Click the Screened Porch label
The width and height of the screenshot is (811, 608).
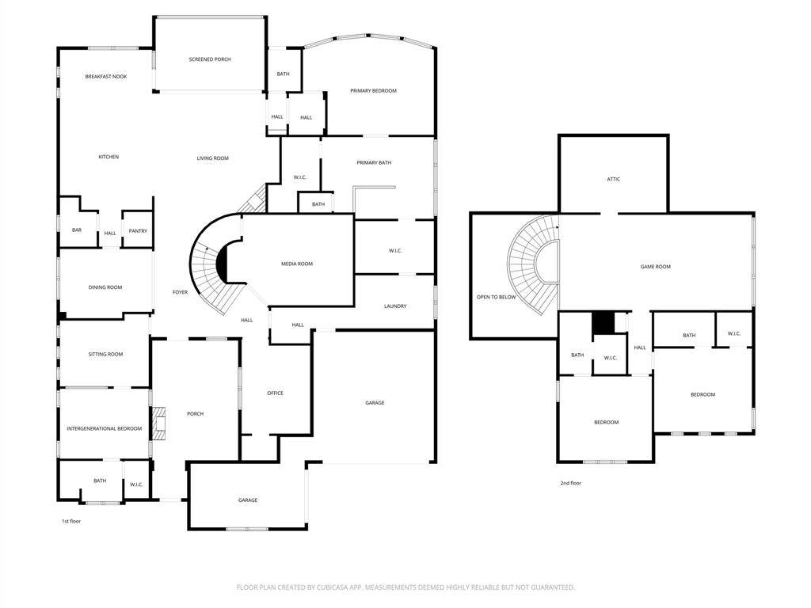(210, 59)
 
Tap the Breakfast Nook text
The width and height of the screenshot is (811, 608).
(106, 77)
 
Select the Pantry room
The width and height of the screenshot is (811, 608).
(138, 231)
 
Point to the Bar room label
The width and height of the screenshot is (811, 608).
(77, 230)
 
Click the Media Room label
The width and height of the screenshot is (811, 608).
(297, 264)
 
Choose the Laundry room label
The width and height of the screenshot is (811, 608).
(395, 306)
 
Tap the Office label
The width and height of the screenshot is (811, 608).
(275, 393)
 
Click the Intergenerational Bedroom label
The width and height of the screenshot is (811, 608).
(105, 428)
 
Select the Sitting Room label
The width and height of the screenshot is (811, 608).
(105, 354)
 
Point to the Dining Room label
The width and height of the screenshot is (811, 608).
(105, 287)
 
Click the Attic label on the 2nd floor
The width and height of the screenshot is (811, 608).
(614, 179)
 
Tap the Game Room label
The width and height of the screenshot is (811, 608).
(655, 267)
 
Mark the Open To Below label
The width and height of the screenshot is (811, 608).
(496, 298)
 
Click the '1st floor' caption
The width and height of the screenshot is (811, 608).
(71, 521)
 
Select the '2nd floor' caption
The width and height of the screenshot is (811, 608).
(570, 483)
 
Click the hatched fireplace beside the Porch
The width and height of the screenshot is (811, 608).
(158, 424)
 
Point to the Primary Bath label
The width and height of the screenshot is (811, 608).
(374, 163)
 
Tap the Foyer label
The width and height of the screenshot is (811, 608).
(180, 292)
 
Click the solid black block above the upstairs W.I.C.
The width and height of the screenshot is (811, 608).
(603, 323)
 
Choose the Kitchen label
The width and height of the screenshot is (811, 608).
(109, 157)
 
